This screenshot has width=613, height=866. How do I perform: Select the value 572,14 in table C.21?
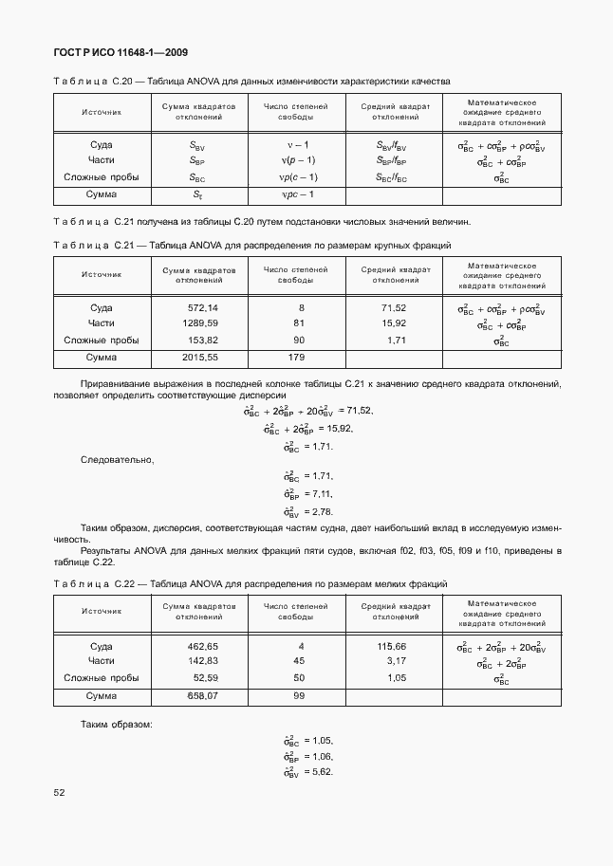coord(202,308)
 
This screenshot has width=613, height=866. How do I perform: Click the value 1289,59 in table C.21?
coord(199,323)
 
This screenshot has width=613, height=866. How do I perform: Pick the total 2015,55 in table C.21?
coord(199,358)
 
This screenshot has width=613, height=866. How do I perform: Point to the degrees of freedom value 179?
coord(295,358)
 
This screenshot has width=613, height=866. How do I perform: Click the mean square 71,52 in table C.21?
coord(393,308)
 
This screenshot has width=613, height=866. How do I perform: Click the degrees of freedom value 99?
coord(299,695)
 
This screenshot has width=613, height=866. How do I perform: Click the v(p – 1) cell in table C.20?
coord(296,160)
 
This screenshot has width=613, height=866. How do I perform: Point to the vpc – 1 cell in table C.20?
coord(296,194)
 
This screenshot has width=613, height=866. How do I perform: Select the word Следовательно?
coord(117,459)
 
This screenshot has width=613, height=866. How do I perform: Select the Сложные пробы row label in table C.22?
coord(102,677)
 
